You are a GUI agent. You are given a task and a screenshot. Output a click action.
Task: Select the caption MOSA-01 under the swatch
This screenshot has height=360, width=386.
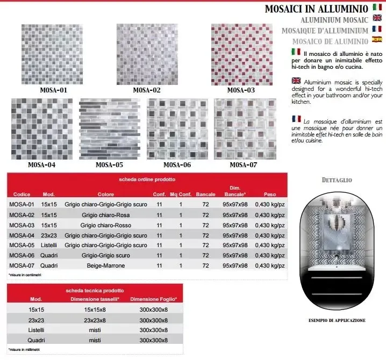(54, 90)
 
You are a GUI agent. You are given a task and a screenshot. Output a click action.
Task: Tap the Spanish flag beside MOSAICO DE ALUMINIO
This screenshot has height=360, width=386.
(377, 40)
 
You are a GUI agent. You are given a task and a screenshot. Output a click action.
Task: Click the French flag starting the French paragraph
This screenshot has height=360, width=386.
(296, 118)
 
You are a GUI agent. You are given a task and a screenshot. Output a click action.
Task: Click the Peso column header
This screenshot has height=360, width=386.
(269, 194)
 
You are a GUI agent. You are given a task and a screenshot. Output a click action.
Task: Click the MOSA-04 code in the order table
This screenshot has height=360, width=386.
(22, 235)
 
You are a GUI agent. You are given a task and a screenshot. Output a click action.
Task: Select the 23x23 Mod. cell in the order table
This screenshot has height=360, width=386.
(49, 235)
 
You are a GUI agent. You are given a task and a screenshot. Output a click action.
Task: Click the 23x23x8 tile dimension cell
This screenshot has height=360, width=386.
(95, 320)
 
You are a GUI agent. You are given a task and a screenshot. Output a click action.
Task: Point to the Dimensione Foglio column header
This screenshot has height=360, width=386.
(154, 299)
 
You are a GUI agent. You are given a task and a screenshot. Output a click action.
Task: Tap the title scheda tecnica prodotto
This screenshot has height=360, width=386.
(95, 290)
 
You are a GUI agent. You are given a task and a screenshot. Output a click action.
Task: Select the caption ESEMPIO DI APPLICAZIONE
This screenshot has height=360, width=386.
(337, 320)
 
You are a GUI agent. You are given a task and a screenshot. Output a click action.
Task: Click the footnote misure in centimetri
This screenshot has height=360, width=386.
(25, 275)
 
